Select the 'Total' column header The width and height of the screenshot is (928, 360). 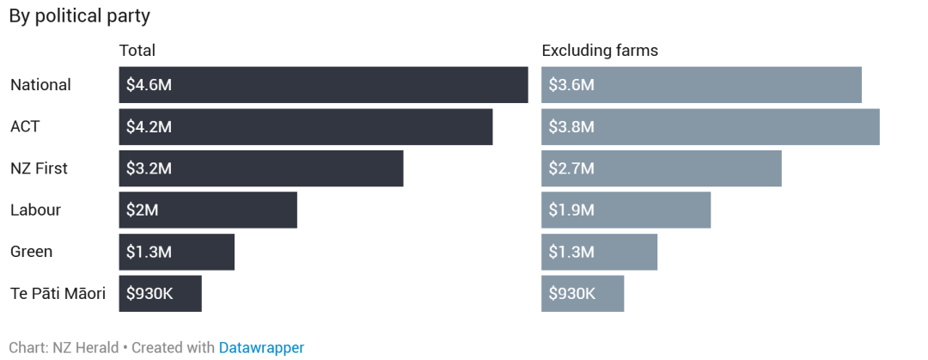(x=137, y=51)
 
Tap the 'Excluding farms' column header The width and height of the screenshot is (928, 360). (x=599, y=51)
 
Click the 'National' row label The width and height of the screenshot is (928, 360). (x=40, y=85)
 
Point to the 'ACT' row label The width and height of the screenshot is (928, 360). (x=25, y=126)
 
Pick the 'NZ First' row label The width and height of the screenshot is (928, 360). (x=39, y=168)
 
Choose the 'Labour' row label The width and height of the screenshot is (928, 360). (x=35, y=210)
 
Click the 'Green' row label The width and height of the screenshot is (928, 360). (x=31, y=252)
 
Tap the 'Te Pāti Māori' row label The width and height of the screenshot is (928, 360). (x=58, y=293)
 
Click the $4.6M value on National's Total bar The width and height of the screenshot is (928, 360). (x=149, y=85)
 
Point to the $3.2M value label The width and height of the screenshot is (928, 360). (x=149, y=168)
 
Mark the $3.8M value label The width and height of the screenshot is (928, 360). (x=571, y=126)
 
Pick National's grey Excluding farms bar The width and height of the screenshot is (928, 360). (x=730, y=85)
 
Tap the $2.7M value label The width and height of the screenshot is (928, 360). (x=571, y=168)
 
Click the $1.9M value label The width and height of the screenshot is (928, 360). (x=571, y=210)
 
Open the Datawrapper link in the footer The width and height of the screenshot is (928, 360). (x=261, y=347)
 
